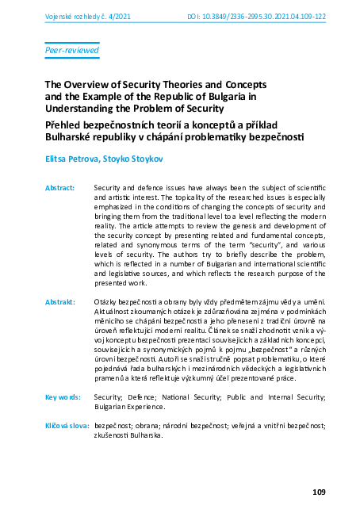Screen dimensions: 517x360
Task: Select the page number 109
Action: pos(319,493)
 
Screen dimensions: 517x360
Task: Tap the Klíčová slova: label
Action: pos(67,427)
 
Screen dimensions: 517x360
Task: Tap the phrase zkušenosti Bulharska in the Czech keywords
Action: pos(130,438)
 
